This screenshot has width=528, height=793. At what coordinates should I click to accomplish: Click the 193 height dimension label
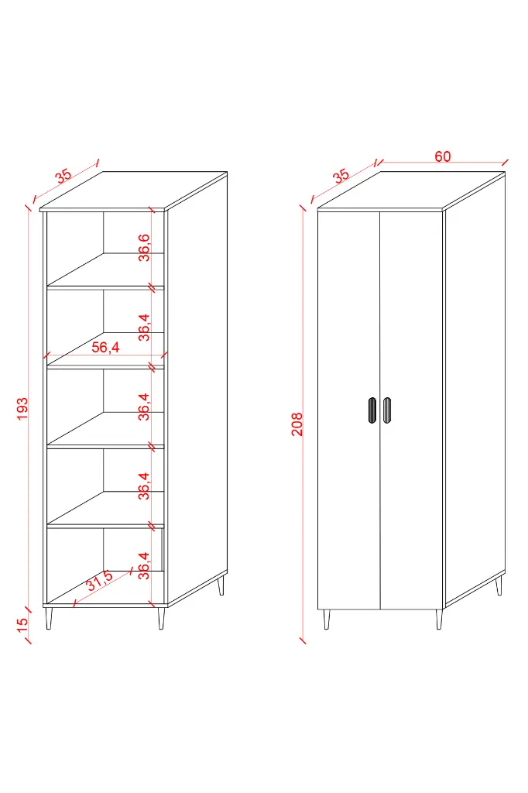click(x=22, y=409)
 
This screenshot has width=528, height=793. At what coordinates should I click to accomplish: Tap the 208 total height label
click(x=297, y=424)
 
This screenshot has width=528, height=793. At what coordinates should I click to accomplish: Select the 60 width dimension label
click(x=443, y=156)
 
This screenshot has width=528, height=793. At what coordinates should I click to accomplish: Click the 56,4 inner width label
click(x=106, y=347)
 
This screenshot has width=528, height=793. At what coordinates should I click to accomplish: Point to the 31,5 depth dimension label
click(x=100, y=580)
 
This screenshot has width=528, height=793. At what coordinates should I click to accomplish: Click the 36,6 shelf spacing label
click(x=144, y=247)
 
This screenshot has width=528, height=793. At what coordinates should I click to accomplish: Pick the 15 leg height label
click(x=22, y=625)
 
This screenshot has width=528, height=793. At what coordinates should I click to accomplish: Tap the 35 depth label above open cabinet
click(x=63, y=176)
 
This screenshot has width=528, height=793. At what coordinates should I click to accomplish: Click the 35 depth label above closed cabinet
click(x=341, y=176)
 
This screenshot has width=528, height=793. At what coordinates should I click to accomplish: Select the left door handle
click(x=372, y=410)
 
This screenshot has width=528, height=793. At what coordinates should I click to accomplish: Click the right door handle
click(x=387, y=410)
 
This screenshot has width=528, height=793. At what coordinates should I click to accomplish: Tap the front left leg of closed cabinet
click(x=326, y=620)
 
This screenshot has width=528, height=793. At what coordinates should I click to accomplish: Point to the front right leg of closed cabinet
click(x=438, y=620)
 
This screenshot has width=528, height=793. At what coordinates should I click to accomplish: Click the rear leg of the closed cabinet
click(x=499, y=585)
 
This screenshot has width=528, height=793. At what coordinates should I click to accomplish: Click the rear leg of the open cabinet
click(x=221, y=585)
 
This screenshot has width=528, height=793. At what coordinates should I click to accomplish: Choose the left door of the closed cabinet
click(x=348, y=410)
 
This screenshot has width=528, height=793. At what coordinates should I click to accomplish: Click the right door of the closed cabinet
click(x=411, y=410)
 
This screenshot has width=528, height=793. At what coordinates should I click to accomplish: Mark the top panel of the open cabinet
click(x=133, y=191)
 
